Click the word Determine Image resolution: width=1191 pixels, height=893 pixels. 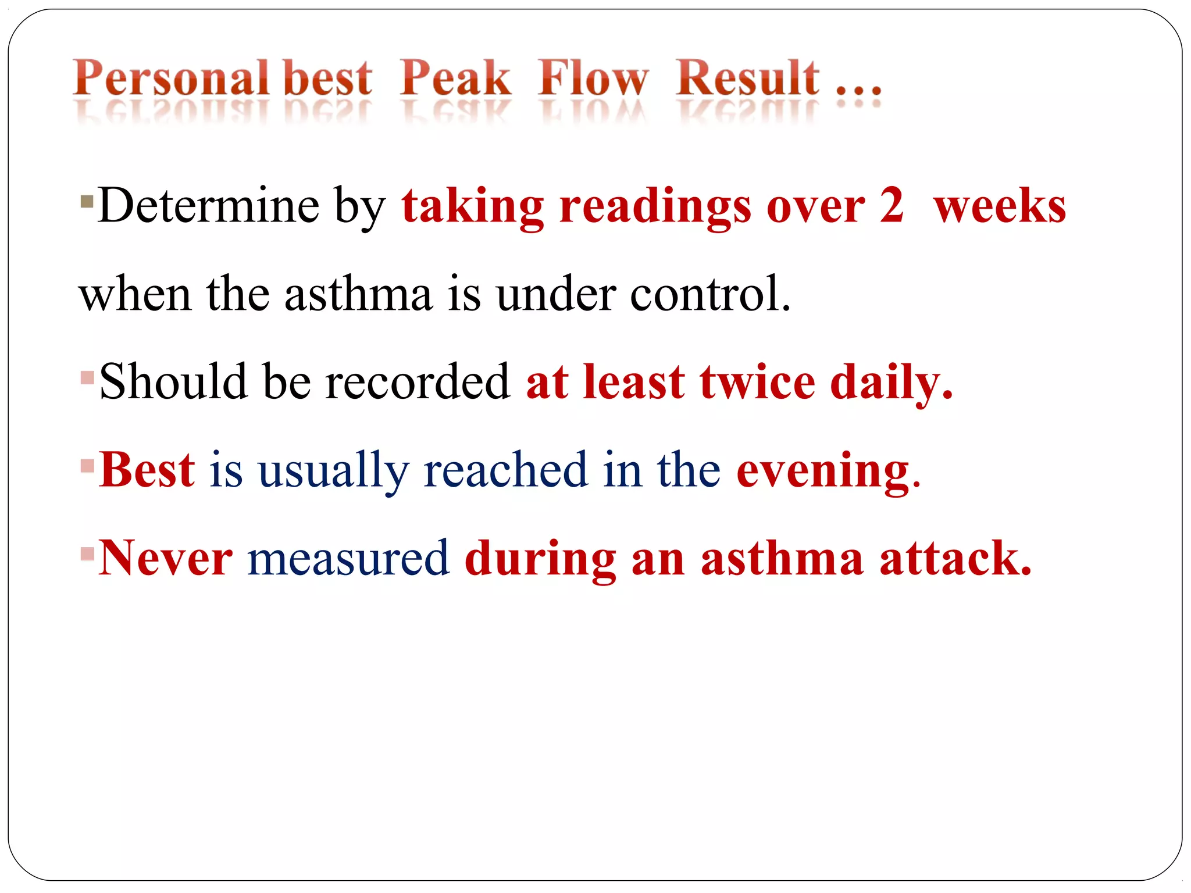pyautogui.click(x=208, y=206)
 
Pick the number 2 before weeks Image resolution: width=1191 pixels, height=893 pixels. pyautogui.click(x=892, y=206)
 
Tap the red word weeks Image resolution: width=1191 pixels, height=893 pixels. pyautogui.click(x=1000, y=206)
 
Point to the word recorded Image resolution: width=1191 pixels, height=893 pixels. pyautogui.click(x=417, y=383)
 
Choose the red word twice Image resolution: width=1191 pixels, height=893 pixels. pyautogui.click(x=757, y=383)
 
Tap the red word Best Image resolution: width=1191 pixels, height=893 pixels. pyautogui.click(x=147, y=470)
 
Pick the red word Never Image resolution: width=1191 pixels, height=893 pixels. pyautogui.click(x=166, y=558)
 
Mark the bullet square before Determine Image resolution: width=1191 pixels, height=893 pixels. pyautogui.click(x=87, y=202)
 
